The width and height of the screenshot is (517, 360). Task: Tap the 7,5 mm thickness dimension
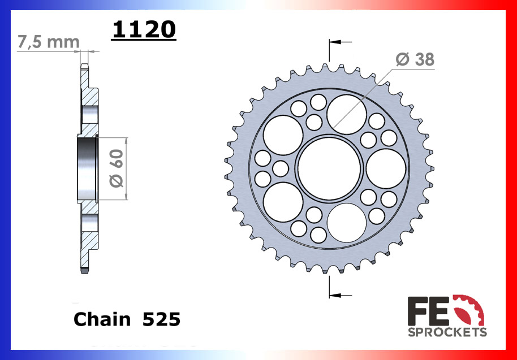(x=48, y=42)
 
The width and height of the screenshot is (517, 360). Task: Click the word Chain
(x=102, y=319)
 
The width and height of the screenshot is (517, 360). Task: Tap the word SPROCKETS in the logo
(x=447, y=332)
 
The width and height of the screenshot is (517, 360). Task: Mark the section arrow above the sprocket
(x=339, y=42)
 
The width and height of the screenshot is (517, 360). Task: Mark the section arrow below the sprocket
(x=339, y=294)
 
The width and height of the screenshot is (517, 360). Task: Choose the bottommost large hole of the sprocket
(x=346, y=223)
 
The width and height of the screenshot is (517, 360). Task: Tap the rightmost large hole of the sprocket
(x=386, y=168)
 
